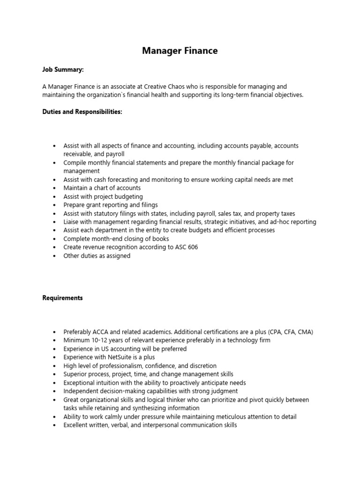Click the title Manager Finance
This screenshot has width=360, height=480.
pos(180,51)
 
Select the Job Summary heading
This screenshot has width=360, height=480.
pos(63,69)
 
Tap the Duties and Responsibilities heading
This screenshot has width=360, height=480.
pos(82,112)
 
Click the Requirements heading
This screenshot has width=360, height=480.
pos(62,298)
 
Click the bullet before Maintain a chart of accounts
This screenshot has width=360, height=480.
pos(55,188)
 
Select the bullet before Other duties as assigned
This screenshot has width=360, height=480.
pos(55,256)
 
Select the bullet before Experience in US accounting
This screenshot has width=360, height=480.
pos(55,349)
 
